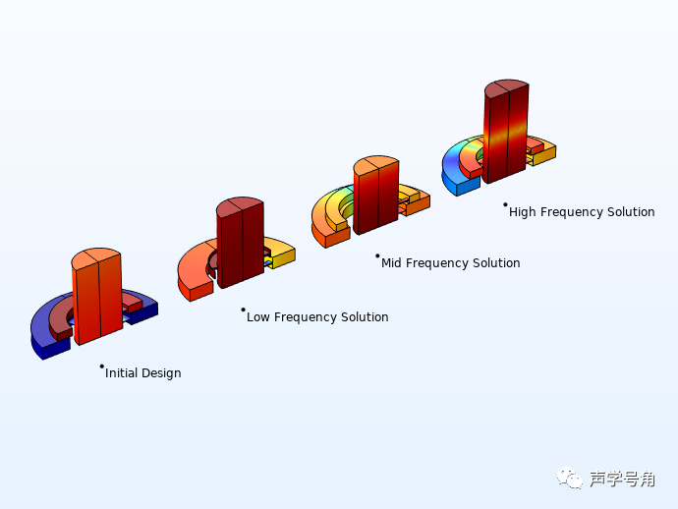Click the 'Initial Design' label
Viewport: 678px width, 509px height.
(x=143, y=373)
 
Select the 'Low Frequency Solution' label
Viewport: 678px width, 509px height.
(x=317, y=317)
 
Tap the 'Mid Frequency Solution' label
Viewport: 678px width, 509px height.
(x=451, y=263)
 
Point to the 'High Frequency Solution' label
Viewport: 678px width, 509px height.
(x=582, y=212)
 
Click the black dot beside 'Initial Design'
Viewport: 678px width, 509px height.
(x=101, y=367)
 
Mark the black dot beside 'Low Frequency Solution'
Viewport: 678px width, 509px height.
(x=243, y=310)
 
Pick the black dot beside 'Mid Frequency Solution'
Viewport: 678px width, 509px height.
(x=377, y=255)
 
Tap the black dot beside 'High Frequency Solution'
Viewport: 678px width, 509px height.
(x=505, y=204)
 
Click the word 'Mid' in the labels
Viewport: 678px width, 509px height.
(x=393, y=263)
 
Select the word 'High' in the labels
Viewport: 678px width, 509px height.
(x=524, y=212)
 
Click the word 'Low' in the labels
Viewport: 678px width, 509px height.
(x=257, y=317)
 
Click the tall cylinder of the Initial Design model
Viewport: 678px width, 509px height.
(x=97, y=300)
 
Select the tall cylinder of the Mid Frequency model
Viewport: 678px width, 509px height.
(x=376, y=197)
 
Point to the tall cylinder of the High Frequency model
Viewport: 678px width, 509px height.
(x=506, y=133)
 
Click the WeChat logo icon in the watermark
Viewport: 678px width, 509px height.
(x=570, y=478)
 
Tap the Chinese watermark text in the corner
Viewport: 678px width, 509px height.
(x=622, y=479)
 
